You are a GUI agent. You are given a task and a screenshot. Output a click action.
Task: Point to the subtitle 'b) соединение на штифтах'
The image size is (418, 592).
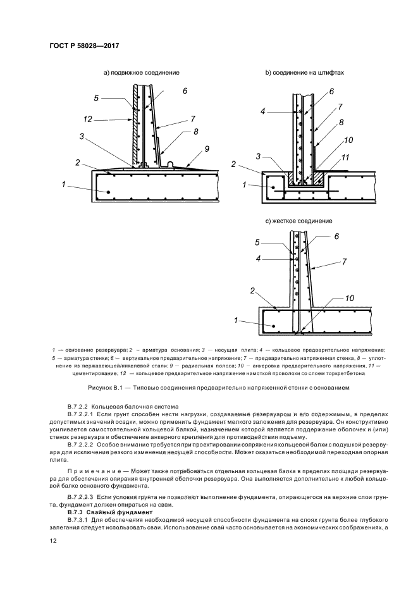[x=304, y=73]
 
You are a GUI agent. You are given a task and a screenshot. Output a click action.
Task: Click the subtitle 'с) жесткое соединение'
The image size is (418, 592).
[x=299, y=221]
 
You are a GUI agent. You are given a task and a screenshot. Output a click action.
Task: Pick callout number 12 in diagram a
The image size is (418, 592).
[x=88, y=118]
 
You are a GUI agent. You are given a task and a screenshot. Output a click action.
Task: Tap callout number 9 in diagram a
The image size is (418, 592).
[x=206, y=149]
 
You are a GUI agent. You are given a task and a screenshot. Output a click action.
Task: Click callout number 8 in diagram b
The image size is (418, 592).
[x=341, y=122]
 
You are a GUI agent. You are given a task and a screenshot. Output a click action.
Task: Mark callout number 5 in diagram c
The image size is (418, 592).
[x=257, y=242]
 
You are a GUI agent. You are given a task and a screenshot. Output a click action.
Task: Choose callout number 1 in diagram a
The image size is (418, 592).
[x=64, y=184]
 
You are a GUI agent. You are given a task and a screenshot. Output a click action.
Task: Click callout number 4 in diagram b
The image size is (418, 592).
[x=262, y=112]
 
